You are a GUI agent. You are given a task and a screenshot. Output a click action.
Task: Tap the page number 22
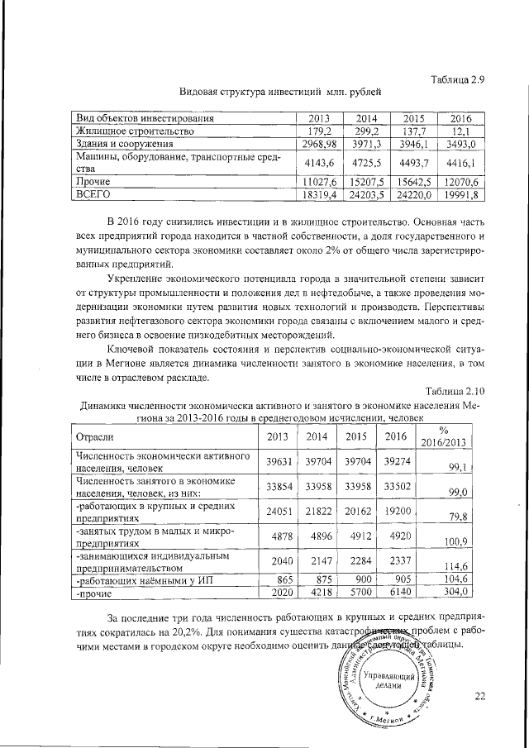coord(480,696)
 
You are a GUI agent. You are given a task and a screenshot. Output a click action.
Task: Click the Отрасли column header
coord(94,436)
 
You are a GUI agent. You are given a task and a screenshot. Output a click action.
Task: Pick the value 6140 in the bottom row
coord(395,593)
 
